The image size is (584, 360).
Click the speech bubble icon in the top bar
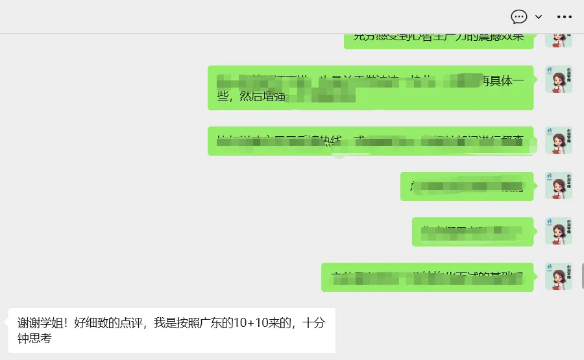[519, 16]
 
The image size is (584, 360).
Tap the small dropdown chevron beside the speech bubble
[539, 16]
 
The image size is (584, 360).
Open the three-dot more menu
[565, 16]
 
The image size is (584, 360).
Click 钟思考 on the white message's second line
[34, 338]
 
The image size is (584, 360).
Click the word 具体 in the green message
[501, 81]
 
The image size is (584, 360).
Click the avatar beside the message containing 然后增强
[558, 79]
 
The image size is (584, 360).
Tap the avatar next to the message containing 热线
[558, 140]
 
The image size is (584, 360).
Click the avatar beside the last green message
[558, 276]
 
